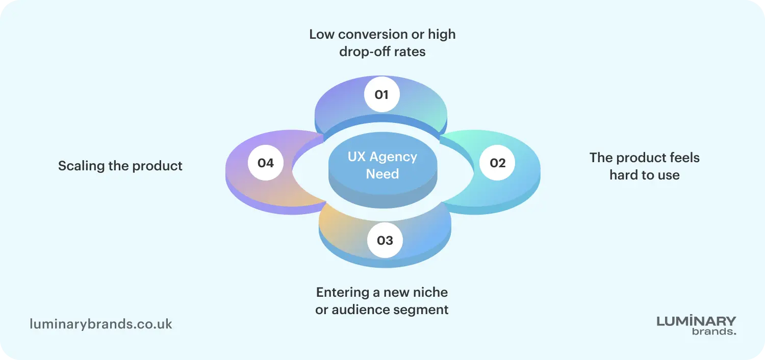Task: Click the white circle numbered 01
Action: (381, 94)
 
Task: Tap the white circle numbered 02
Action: (497, 163)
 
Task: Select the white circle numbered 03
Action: (385, 240)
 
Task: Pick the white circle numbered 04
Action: (266, 163)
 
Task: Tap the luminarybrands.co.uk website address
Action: (101, 324)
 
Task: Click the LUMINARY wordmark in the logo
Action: (696, 321)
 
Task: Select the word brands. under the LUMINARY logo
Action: (714, 331)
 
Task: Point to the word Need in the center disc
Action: (382, 174)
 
